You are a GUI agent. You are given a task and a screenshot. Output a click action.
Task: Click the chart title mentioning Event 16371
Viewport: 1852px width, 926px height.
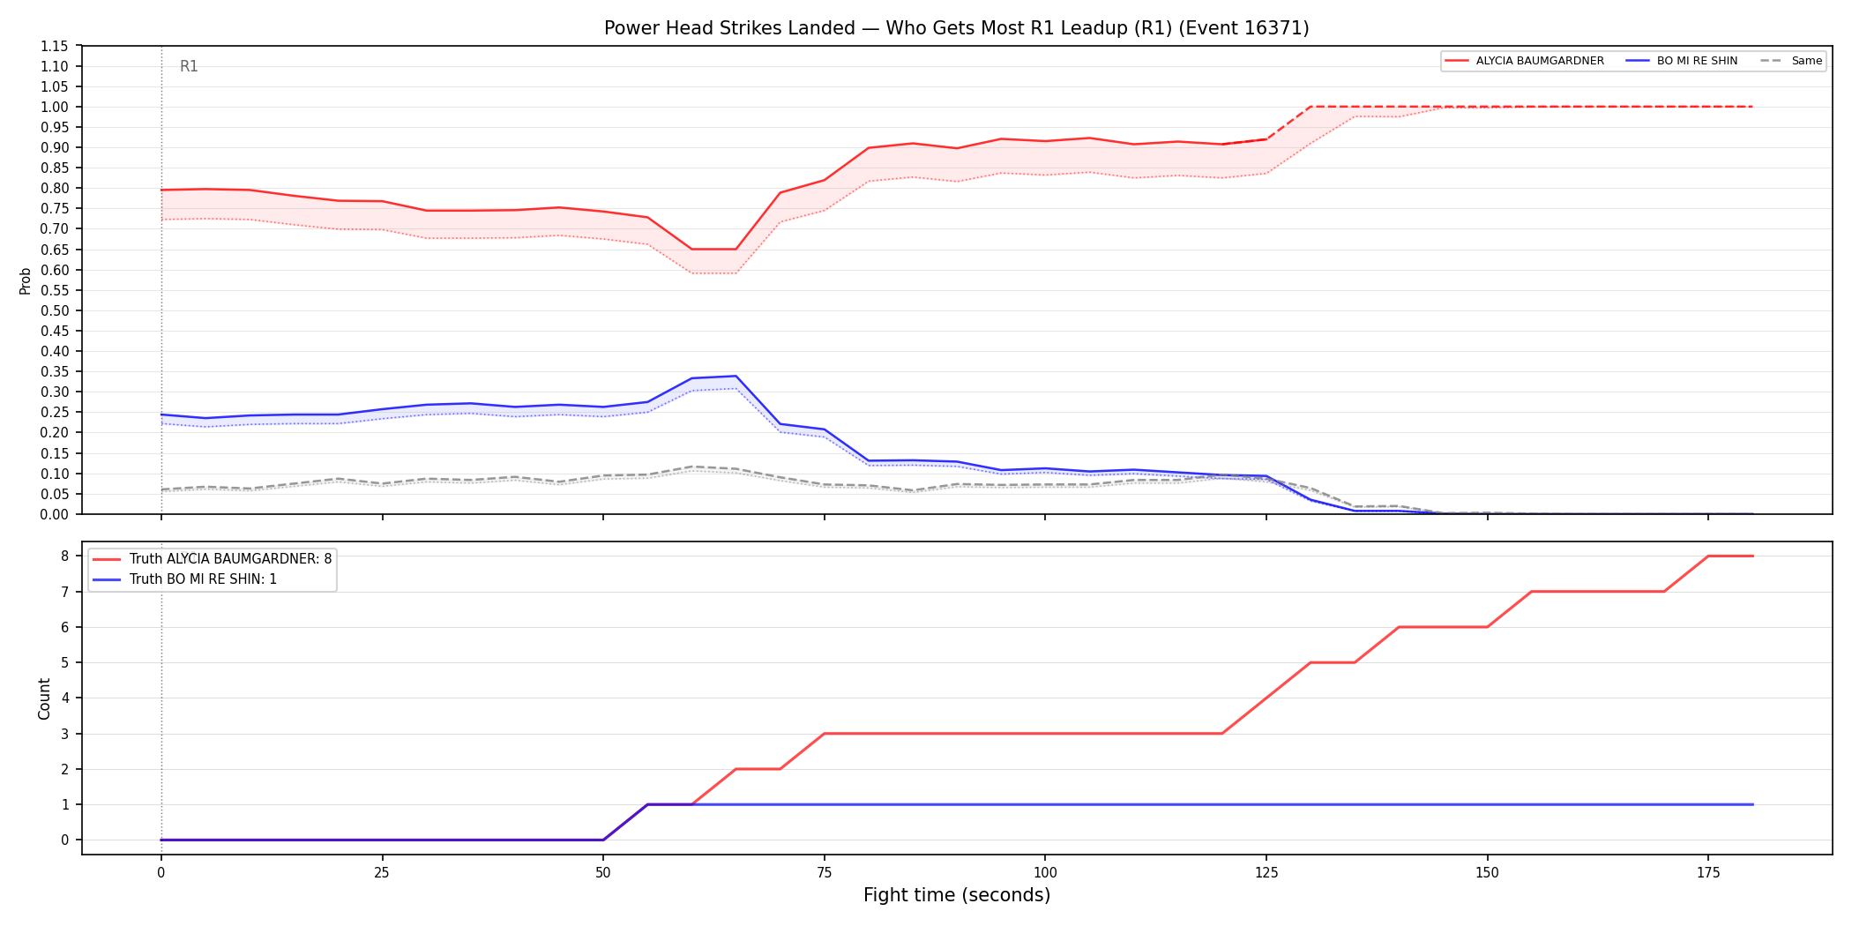click(x=956, y=28)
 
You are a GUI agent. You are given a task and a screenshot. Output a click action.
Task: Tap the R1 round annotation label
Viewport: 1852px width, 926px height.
click(x=189, y=66)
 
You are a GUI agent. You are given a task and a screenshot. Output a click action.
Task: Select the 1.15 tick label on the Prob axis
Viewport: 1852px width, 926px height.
click(x=53, y=46)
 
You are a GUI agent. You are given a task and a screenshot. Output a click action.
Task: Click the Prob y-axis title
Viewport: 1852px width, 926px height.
click(x=25, y=280)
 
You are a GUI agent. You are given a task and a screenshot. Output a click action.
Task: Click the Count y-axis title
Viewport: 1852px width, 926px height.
click(x=44, y=698)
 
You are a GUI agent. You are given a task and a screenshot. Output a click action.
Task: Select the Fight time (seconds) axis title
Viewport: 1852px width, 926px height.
click(x=957, y=895)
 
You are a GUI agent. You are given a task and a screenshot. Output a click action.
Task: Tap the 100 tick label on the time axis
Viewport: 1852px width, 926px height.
click(x=1045, y=873)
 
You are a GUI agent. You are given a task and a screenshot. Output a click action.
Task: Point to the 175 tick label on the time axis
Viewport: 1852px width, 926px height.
click(x=1708, y=873)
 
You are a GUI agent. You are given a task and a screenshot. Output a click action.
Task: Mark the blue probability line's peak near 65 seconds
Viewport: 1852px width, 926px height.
click(x=736, y=377)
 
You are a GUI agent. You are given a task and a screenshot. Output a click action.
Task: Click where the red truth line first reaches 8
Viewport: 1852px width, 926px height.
click(x=1708, y=556)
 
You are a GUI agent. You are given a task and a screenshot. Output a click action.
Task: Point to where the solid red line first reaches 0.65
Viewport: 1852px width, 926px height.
click(x=692, y=249)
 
